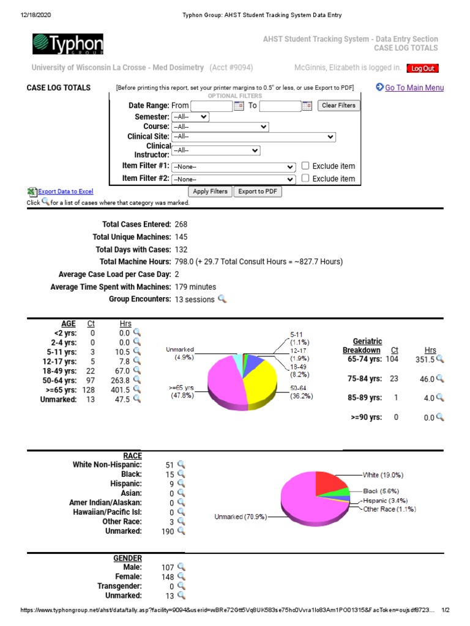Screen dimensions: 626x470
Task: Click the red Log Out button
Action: (x=423, y=68)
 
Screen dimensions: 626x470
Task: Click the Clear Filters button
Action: (x=338, y=106)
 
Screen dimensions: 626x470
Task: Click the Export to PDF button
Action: (x=258, y=191)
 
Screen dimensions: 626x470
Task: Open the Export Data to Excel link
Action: (x=65, y=191)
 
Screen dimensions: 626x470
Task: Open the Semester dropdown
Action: (x=190, y=116)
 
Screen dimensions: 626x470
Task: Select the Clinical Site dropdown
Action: (x=253, y=137)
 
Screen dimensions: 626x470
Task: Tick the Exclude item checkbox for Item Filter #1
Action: (x=305, y=166)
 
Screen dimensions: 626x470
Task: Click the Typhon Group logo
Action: (x=68, y=45)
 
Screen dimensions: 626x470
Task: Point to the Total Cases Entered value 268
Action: (x=181, y=224)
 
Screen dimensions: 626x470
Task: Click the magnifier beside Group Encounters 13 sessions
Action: (x=222, y=299)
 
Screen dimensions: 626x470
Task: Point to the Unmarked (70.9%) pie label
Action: (x=239, y=517)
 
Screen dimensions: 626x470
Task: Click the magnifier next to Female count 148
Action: (x=181, y=576)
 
